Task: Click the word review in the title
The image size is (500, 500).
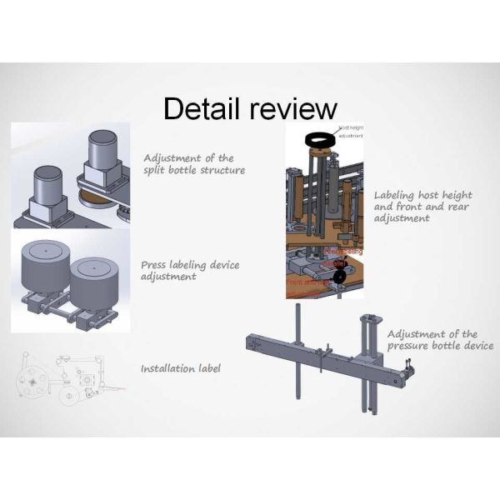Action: tap(291, 108)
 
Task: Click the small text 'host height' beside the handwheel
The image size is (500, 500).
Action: tap(351, 127)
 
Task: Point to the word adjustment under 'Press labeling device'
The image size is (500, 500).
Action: tap(169, 277)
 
